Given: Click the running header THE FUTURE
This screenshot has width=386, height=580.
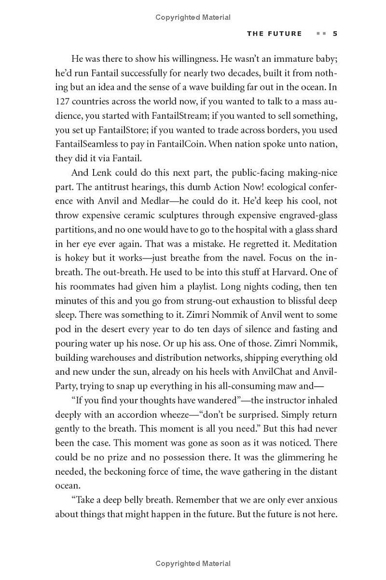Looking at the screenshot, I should tap(274, 33).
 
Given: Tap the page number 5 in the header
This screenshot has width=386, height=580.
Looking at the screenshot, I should tap(335, 33).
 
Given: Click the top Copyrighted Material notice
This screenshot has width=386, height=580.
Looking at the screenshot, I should tap(193, 17).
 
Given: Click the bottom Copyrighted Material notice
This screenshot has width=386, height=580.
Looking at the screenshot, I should tap(193, 563).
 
